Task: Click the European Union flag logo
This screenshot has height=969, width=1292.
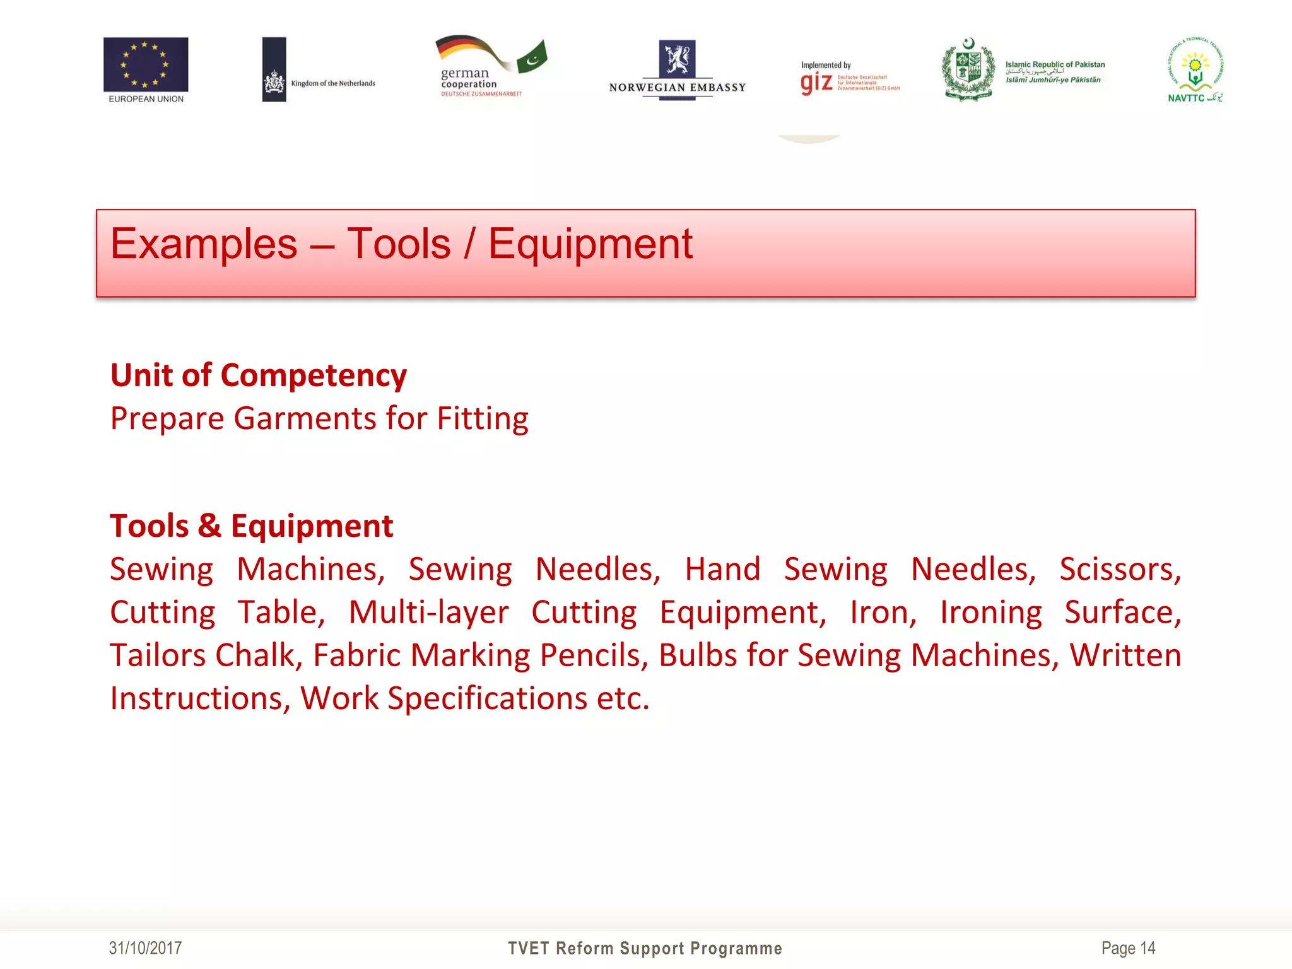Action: coord(146,64)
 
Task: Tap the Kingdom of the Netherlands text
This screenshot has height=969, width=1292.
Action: coord(333,83)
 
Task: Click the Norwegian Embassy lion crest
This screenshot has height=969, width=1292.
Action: coord(677,59)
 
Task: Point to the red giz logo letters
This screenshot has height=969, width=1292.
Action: coord(816,83)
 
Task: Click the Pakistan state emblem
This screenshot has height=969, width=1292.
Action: coord(968,69)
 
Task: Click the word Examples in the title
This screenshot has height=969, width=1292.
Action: coord(204,244)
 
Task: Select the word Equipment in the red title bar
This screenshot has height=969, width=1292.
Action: coord(590,244)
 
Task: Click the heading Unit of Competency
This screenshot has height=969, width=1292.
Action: coord(259,375)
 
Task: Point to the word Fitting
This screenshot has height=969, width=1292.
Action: coord(483,419)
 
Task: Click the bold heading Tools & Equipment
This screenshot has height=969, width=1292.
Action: coord(252,526)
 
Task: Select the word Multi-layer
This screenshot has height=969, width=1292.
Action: coord(429,613)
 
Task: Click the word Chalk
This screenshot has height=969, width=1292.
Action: coord(259,655)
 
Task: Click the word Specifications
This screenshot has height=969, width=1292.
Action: coord(488,699)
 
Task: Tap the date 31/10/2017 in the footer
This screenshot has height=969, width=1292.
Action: coord(146,948)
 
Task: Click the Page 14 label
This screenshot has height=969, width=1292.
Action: coord(1128,948)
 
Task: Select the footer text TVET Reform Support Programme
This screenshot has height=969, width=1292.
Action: coord(645,948)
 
